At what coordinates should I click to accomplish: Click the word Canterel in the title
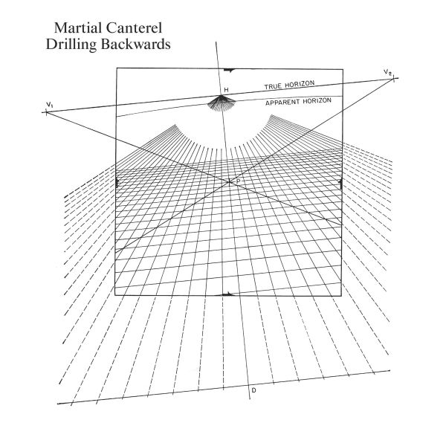point(135,28)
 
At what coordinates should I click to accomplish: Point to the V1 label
point(50,105)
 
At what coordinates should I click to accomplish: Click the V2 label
point(387,72)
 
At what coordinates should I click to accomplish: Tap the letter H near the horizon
point(226,90)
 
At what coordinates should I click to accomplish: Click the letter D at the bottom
point(253,390)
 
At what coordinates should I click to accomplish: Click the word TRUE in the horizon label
point(274,86)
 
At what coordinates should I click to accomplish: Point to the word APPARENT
point(282,103)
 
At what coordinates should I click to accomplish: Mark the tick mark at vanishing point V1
point(46,112)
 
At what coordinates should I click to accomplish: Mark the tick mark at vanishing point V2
point(394,79)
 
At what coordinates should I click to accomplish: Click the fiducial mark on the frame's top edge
point(229,70)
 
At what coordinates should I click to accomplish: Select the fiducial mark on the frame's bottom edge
point(228,294)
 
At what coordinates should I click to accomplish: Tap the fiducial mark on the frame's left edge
point(117,183)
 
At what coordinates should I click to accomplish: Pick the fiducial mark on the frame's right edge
point(341,184)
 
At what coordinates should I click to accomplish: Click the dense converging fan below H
point(221,103)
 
